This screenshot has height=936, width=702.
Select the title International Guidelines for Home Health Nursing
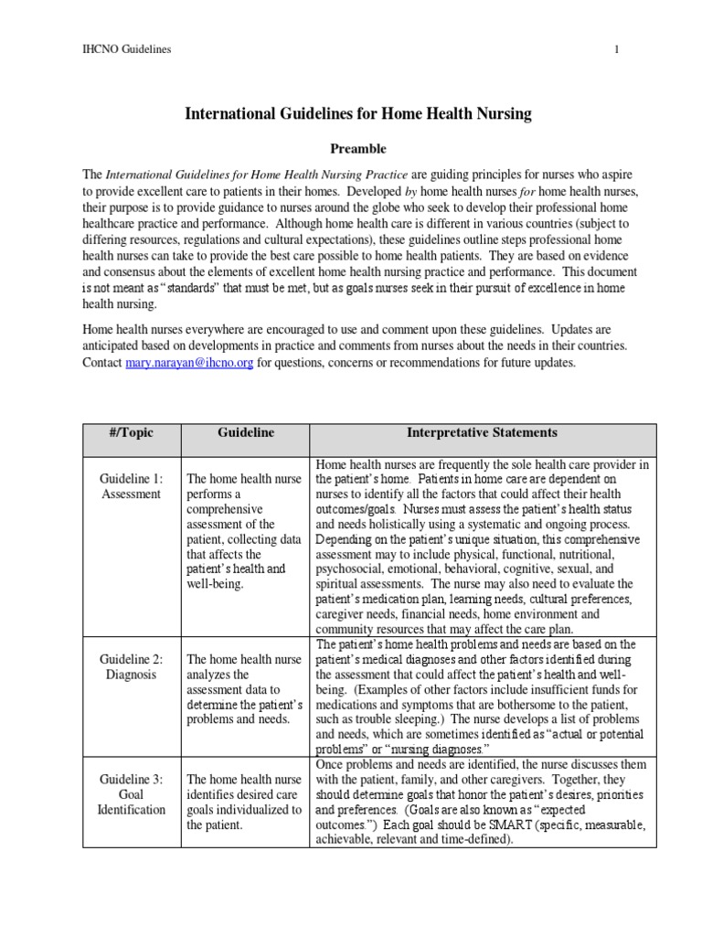pos(358,114)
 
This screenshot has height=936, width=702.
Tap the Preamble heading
pos(357,148)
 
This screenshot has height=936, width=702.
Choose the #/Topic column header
pos(131,432)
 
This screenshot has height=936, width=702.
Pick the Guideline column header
pos(246,432)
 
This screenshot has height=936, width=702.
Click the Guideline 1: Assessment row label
pos(131,486)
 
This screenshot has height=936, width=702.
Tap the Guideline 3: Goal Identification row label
pos(131,793)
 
